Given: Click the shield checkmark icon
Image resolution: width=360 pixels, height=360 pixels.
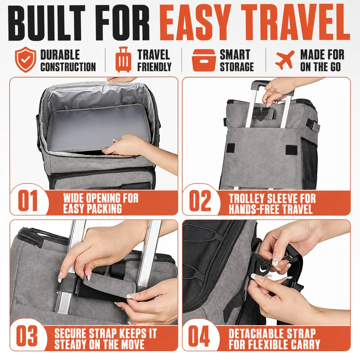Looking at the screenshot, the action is tap(25, 59).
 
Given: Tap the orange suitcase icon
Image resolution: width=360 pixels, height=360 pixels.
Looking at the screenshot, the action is tap(123, 59).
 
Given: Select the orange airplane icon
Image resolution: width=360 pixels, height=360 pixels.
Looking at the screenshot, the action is tap(285, 60).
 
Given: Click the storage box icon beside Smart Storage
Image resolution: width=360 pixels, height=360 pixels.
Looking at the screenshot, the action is tap(204, 60).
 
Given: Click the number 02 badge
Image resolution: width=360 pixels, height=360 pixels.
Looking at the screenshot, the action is tap(200, 200).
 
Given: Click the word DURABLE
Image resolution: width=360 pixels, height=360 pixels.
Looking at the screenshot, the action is tap(60, 54).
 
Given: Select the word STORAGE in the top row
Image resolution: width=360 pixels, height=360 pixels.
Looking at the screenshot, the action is tap(237, 66).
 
